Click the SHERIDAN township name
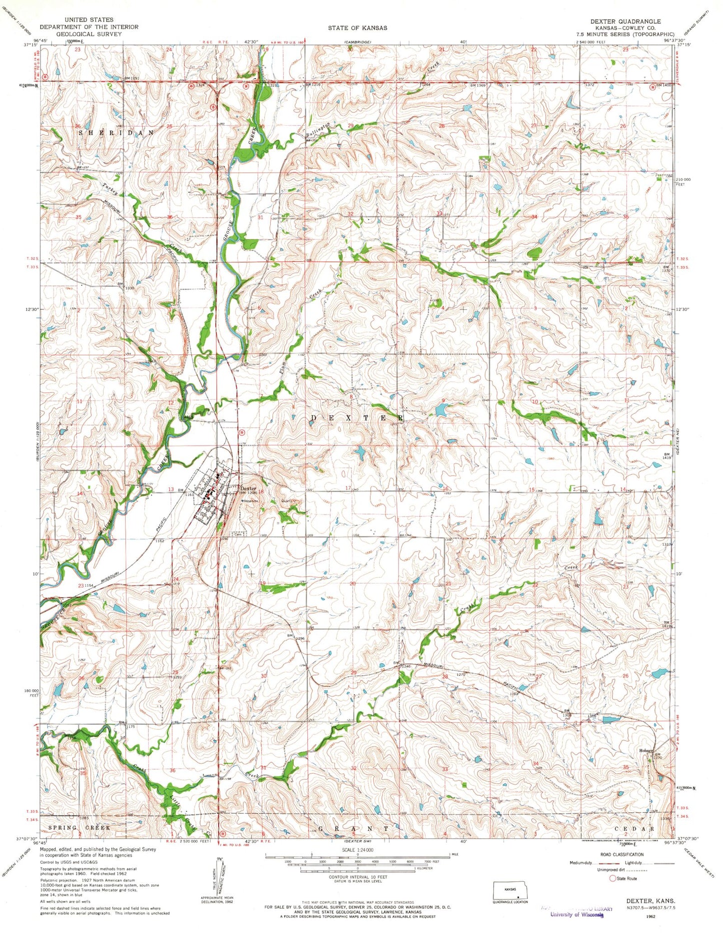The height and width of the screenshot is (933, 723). [x=117, y=133]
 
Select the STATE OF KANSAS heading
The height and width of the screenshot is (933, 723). [x=357, y=28]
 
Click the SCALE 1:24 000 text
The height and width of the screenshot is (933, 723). [x=357, y=850]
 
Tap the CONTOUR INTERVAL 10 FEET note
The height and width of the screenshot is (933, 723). [x=357, y=877]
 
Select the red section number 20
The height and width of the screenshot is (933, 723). [x=353, y=584]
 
